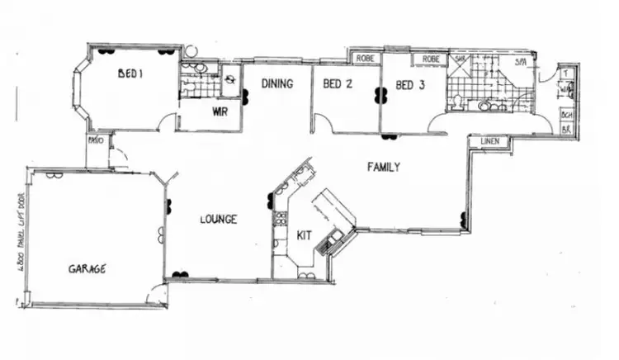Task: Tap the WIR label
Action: (x=220, y=111)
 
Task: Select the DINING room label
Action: (x=279, y=83)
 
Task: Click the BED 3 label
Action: (x=410, y=84)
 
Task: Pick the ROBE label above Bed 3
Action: (x=430, y=59)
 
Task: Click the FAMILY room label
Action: (x=384, y=167)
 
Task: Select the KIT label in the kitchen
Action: (x=304, y=236)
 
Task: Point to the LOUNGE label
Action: (x=219, y=220)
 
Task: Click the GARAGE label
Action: (x=87, y=268)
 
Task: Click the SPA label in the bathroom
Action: (x=521, y=63)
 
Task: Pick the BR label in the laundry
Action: (x=567, y=130)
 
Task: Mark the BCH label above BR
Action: (x=567, y=116)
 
